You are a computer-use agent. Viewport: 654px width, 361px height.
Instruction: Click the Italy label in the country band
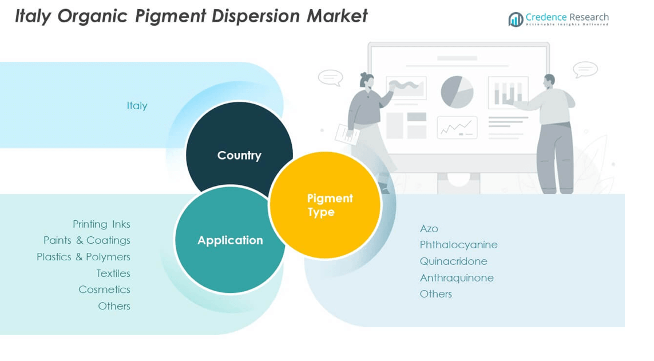click(x=137, y=106)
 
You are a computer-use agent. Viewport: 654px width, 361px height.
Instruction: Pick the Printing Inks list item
click(x=101, y=224)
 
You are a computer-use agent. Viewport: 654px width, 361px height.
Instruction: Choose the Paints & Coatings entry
click(x=87, y=240)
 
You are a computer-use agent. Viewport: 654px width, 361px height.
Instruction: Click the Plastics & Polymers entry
click(x=84, y=257)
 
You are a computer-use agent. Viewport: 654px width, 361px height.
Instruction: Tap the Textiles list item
click(x=113, y=273)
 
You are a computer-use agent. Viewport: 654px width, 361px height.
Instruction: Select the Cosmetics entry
click(x=104, y=289)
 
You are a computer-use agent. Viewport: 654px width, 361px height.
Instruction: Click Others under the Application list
click(x=114, y=306)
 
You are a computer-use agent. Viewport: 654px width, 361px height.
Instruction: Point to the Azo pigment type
click(x=429, y=229)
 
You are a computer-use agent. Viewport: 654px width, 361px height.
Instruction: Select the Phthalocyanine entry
click(x=458, y=245)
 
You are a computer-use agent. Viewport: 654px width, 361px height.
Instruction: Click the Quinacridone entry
click(x=453, y=261)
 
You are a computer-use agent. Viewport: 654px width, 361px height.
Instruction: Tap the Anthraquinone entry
click(x=457, y=278)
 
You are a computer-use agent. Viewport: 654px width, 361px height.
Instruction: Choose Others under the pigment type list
click(x=436, y=294)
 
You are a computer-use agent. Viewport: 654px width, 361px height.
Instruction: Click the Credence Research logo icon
click(x=516, y=19)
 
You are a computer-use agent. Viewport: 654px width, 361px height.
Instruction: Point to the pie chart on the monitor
click(x=457, y=92)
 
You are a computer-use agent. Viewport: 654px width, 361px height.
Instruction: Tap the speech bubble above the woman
click(x=330, y=77)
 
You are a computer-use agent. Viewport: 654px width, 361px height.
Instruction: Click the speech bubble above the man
click(x=585, y=70)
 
